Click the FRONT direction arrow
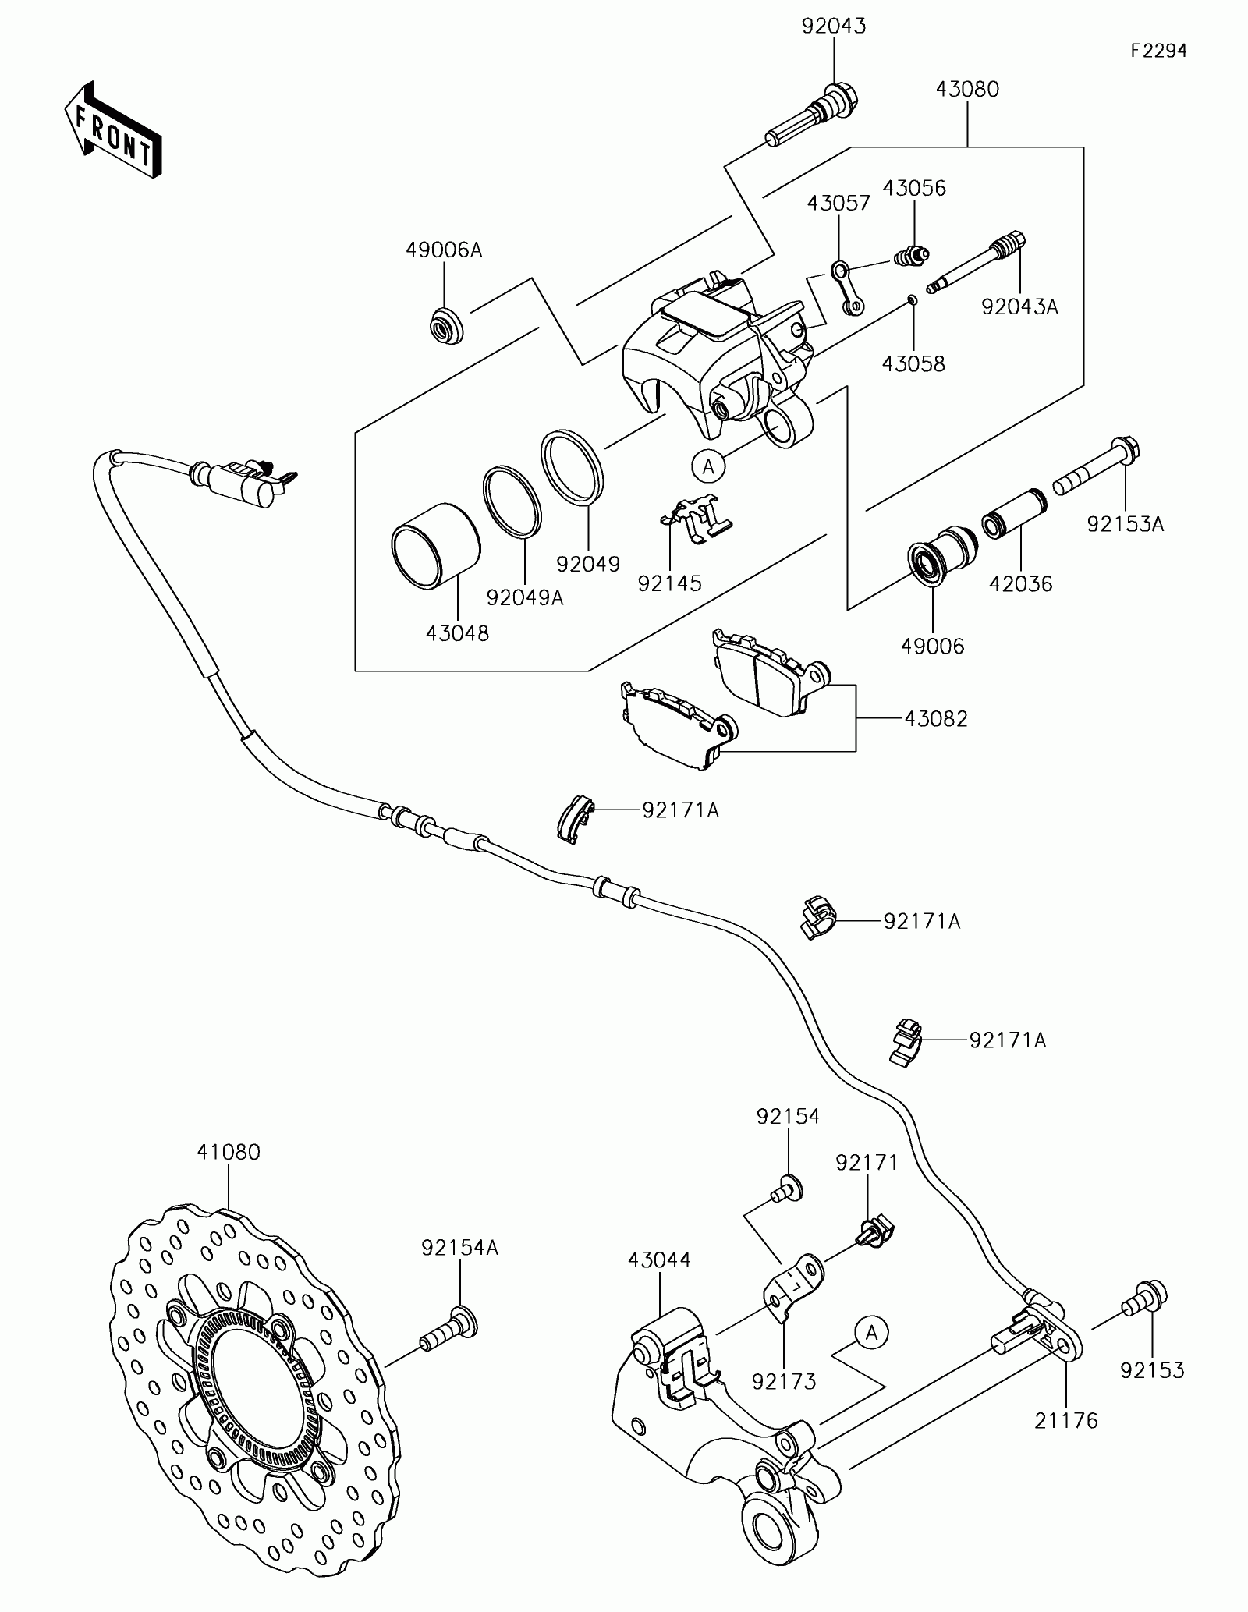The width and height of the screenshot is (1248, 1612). click(113, 129)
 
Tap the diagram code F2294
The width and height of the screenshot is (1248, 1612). click(1160, 51)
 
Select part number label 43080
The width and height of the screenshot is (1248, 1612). click(967, 90)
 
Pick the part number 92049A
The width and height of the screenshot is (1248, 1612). click(525, 597)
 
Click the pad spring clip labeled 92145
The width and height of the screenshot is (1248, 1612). click(695, 517)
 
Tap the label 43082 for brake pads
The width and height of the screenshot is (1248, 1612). click(936, 718)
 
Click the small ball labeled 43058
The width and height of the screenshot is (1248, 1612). click(913, 300)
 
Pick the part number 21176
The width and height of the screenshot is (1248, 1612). click(1066, 1422)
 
